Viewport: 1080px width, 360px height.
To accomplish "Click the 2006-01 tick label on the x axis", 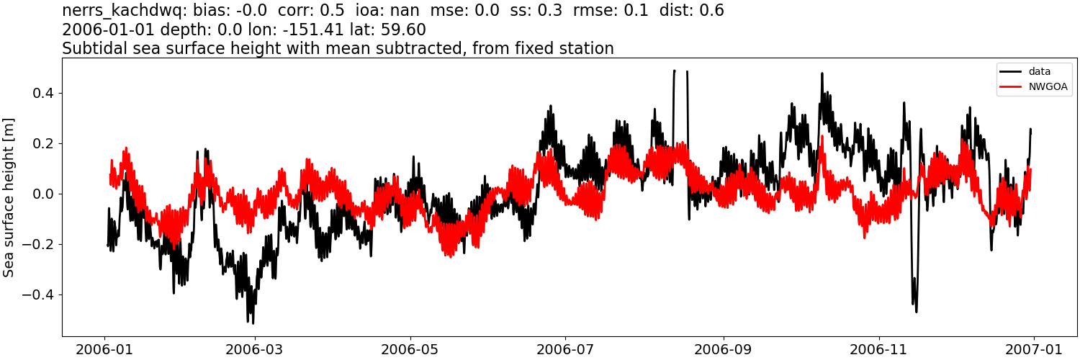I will [105, 348].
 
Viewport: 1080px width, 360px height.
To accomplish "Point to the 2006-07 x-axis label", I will [565, 348].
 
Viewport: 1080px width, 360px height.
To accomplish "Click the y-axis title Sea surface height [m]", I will [9, 197].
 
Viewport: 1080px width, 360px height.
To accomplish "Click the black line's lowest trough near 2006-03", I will [252, 322].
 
